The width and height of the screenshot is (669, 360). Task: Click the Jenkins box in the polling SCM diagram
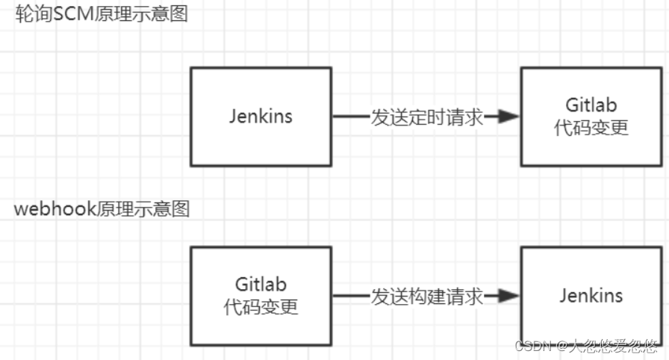coord(260,117)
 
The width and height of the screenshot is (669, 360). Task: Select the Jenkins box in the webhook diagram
coord(591,296)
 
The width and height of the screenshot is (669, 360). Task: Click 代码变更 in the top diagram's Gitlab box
coord(591,128)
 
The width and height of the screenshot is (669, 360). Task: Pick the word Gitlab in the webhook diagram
coord(261,285)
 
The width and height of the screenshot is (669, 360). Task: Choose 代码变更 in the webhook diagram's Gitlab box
coord(261,307)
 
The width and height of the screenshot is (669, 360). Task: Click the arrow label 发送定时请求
coord(427,117)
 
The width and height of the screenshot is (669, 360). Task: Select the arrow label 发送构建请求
coord(427,297)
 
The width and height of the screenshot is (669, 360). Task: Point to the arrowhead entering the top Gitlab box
coord(509,117)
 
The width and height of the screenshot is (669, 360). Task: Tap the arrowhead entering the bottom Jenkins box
coord(509,297)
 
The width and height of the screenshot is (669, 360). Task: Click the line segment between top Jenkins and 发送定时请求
coord(351,117)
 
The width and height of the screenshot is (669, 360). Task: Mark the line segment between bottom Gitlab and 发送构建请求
coord(351,297)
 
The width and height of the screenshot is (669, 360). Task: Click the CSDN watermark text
coord(532,347)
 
